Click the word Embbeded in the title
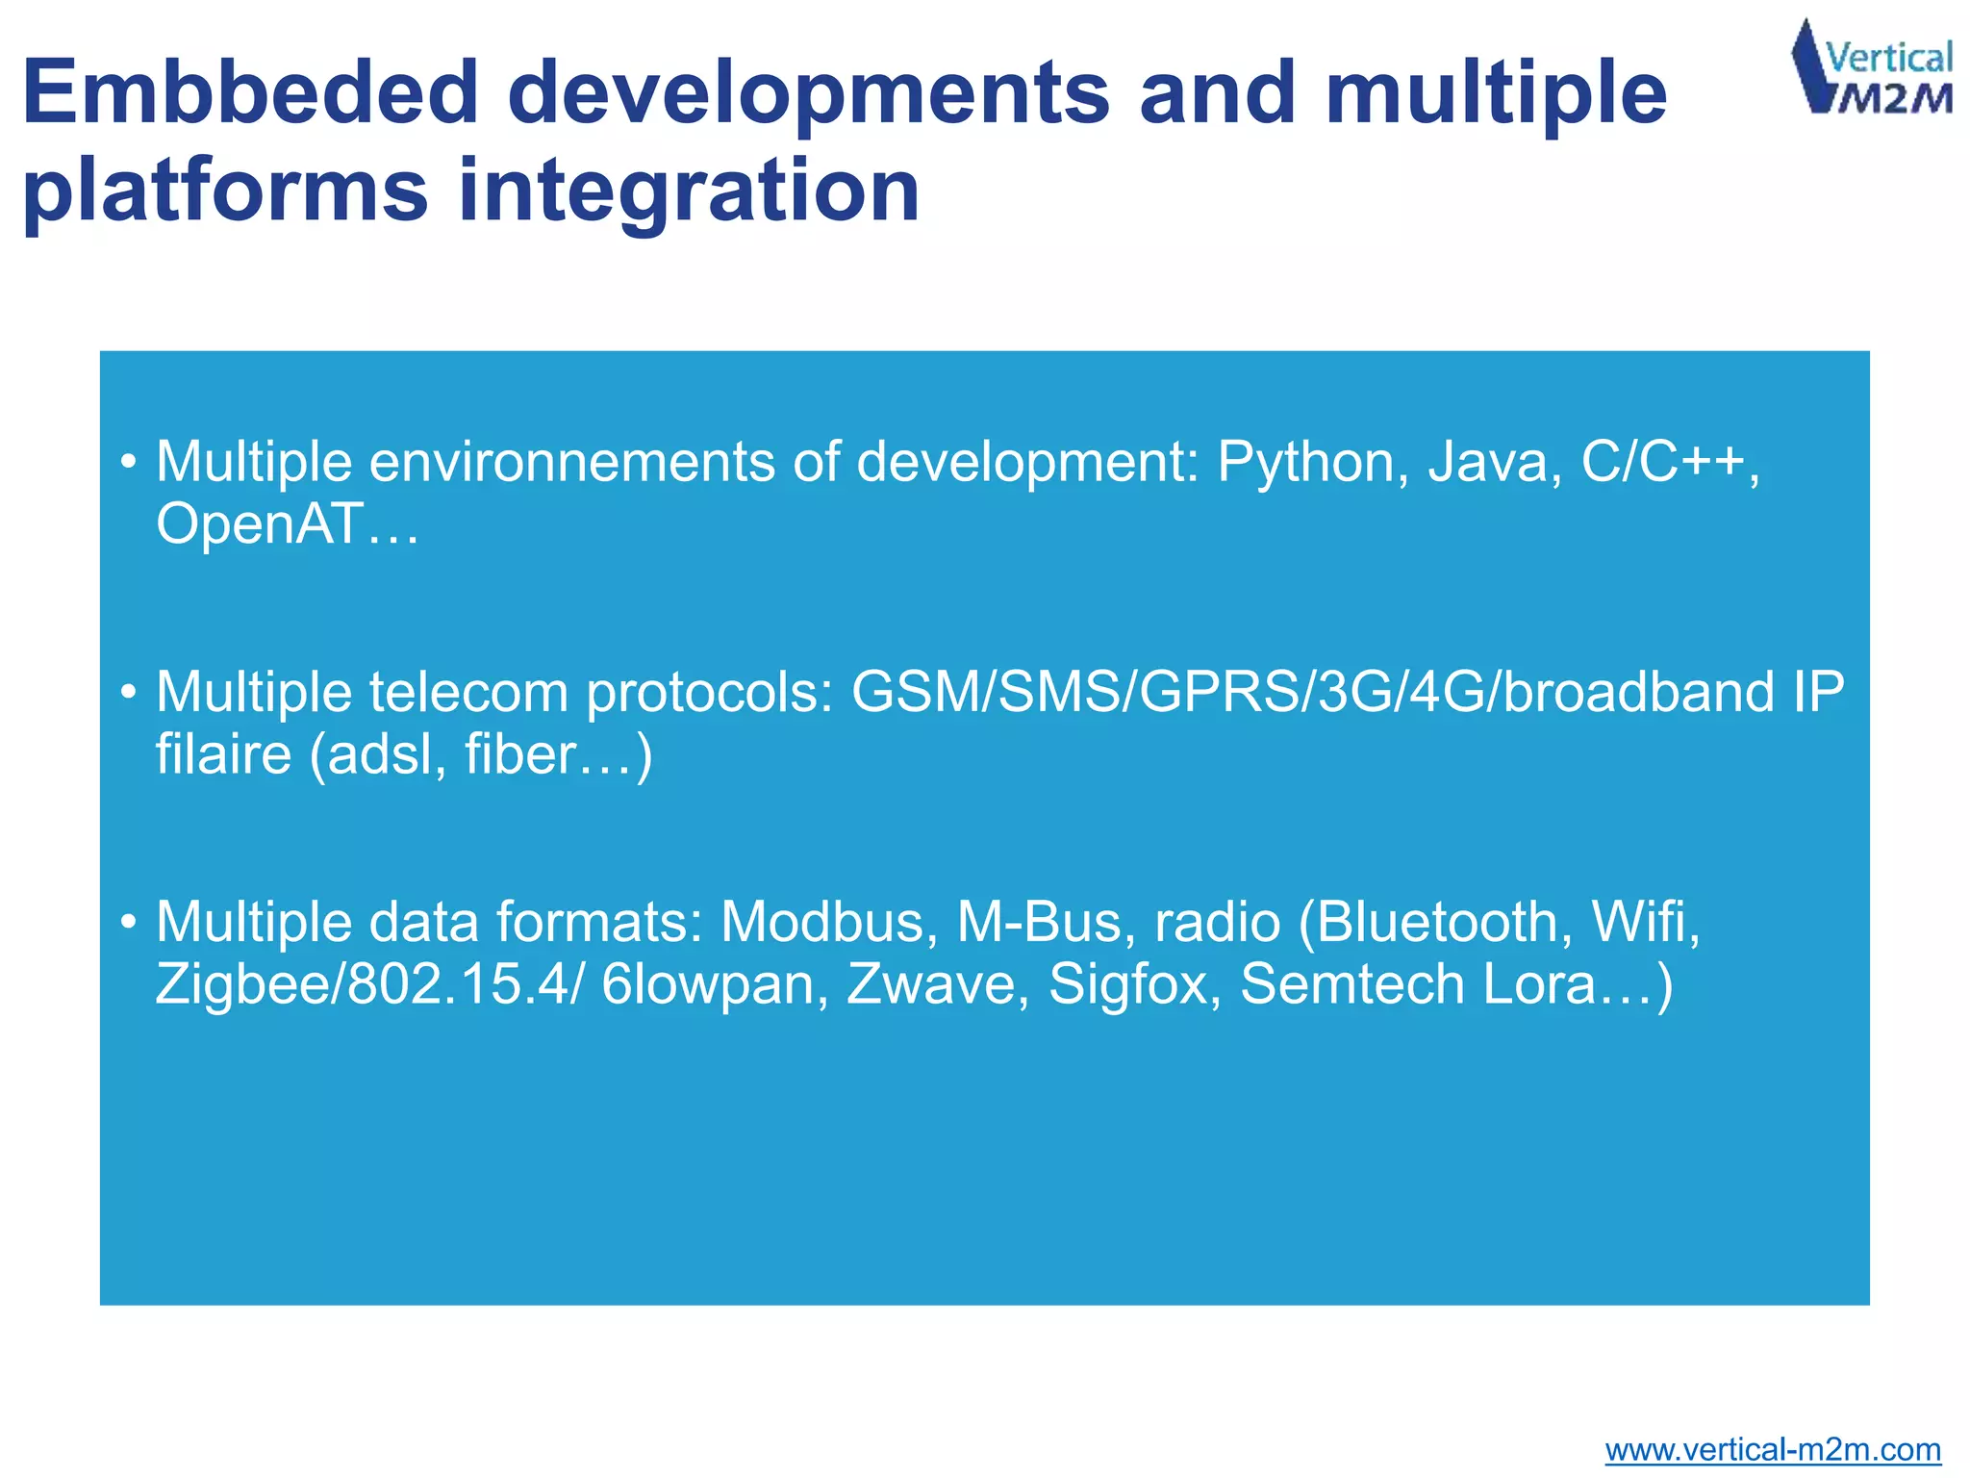(x=250, y=93)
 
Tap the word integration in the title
(x=689, y=191)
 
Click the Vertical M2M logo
(x=1872, y=67)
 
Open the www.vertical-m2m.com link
(x=1772, y=1449)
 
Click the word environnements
(x=572, y=463)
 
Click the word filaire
(x=223, y=754)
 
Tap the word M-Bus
(x=1039, y=923)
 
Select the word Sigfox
(x=1127, y=984)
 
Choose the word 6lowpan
(x=708, y=984)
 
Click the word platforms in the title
(x=225, y=191)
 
